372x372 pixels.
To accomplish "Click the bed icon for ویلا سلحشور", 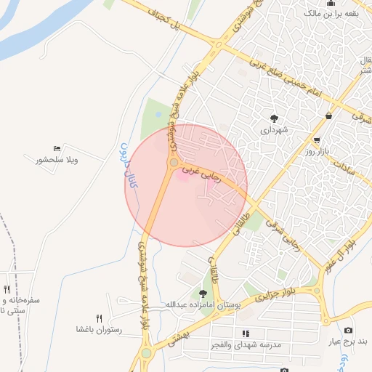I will coord(57,148).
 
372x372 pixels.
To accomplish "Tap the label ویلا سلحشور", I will coord(57,160).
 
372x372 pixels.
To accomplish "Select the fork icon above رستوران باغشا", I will coord(99,318).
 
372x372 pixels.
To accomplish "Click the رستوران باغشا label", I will coord(99,329).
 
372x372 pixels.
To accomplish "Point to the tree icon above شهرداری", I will coord(274,118).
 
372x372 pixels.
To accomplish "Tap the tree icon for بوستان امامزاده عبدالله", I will coord(203,294).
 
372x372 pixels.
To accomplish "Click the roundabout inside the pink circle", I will coord(174,163).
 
